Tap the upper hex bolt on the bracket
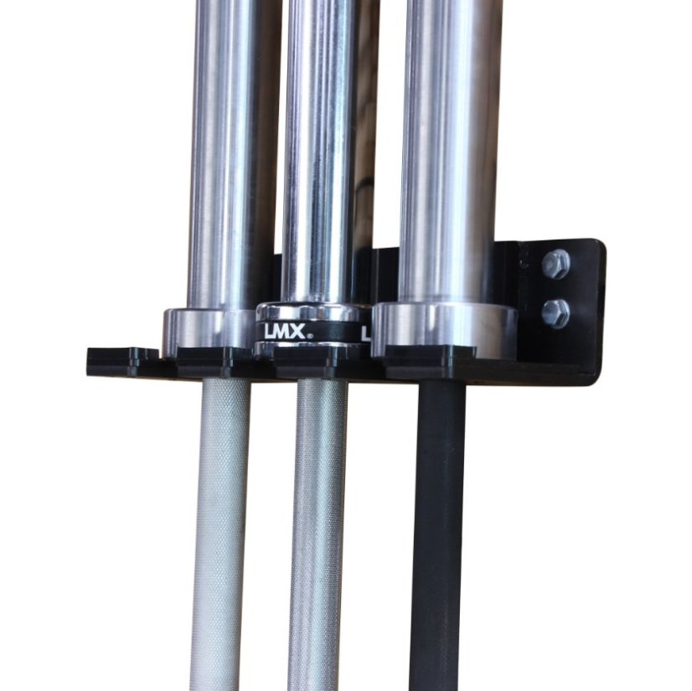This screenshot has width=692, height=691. (x=555, y=265)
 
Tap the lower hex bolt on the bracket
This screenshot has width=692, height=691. (x=555, y=313)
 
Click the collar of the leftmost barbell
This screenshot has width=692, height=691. (x=209, y=328)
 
